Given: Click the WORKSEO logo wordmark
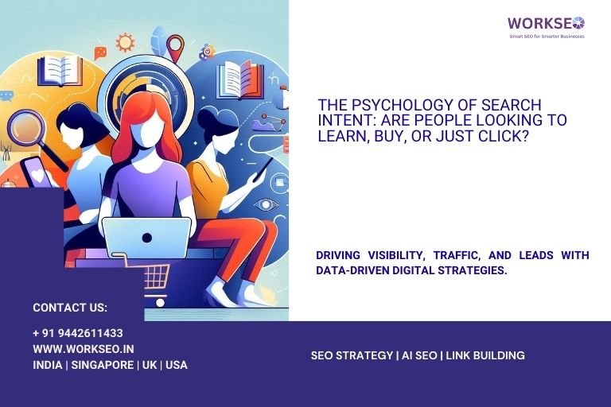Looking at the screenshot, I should [x=546, y=23].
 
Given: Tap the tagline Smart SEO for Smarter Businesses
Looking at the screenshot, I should [x=547, y=37].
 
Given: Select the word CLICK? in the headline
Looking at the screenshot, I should [x=505, y=135].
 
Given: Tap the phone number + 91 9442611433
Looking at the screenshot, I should [x=78, y=333].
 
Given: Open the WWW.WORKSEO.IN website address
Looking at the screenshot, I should [x=83, y=349].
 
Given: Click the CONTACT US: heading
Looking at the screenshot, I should [x=70, y=308].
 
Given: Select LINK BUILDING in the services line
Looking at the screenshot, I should [x=485, y=355].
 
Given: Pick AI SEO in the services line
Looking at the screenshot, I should [x=420, y=355].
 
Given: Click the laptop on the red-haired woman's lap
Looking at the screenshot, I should [x=146, y=236].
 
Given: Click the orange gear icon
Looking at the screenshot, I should [x=125, y=42].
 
